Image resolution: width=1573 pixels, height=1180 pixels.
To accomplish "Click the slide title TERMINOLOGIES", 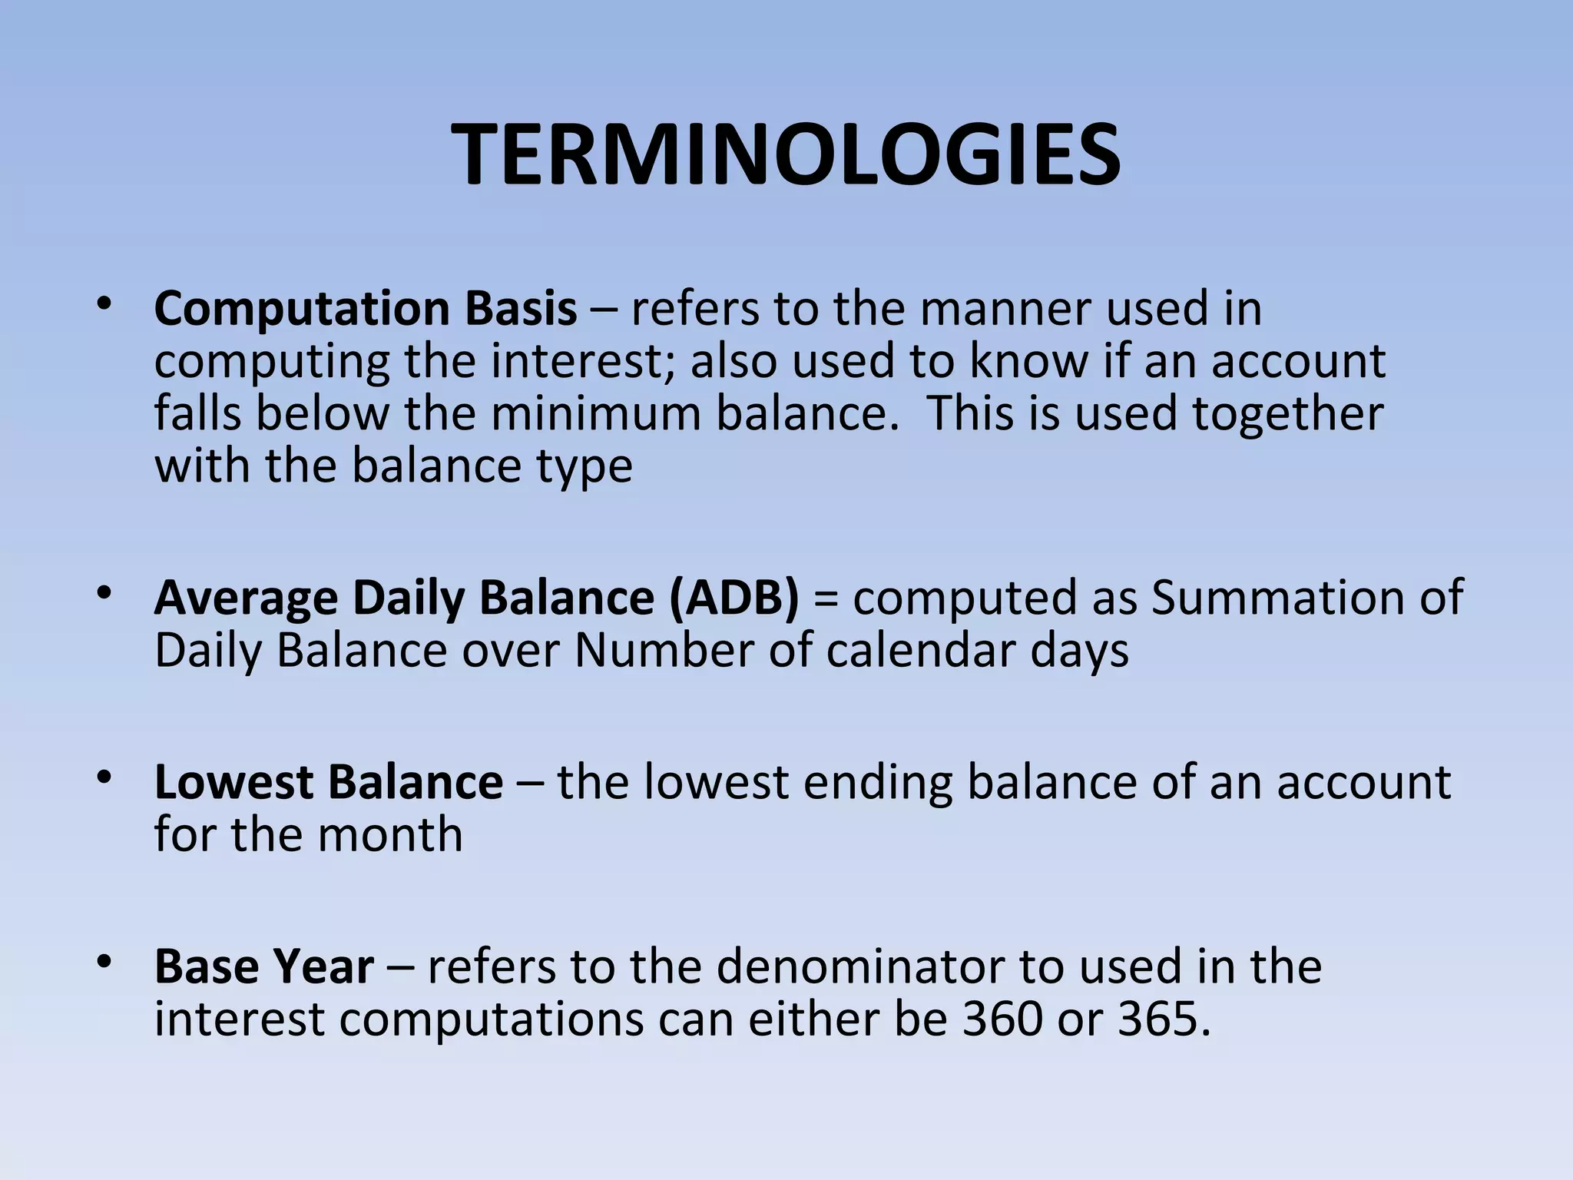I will click(786, 157).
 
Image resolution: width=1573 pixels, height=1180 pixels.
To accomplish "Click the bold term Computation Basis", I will click(366, 309).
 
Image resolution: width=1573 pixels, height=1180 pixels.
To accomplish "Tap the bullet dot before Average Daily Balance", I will click(104, 592).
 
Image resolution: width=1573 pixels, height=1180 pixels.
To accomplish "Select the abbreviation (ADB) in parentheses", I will click(734, 598).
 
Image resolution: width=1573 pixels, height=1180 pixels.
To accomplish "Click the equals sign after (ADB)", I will click(826, 599).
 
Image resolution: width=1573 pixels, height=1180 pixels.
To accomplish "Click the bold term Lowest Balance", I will click(329, 783).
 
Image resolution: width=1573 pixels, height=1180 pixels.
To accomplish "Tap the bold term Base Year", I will click(264, 967).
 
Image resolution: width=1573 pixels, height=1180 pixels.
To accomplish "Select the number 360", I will click(1003, 1020).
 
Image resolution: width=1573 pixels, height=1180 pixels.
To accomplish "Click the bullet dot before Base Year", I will click(104, 961).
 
